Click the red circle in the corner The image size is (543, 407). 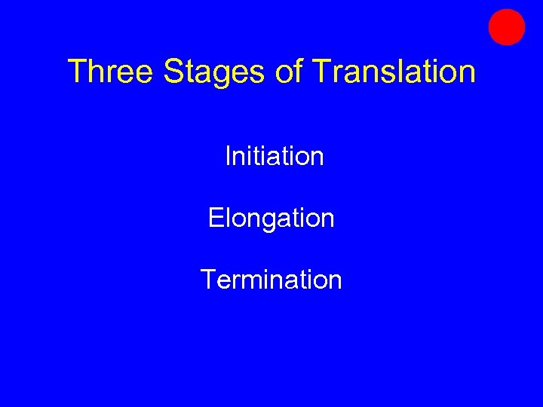tap(506, 27)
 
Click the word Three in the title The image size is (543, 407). tap(111, 72)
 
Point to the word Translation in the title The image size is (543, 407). tap(394, 72)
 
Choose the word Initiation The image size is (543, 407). tap(275, 157)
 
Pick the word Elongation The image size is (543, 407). tap(271, 219)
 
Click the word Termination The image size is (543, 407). tap(271, 280)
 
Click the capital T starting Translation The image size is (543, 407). tap(320, 72)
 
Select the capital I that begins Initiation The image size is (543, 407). tap(228, 157)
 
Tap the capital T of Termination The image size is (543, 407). tap(208, 280)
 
